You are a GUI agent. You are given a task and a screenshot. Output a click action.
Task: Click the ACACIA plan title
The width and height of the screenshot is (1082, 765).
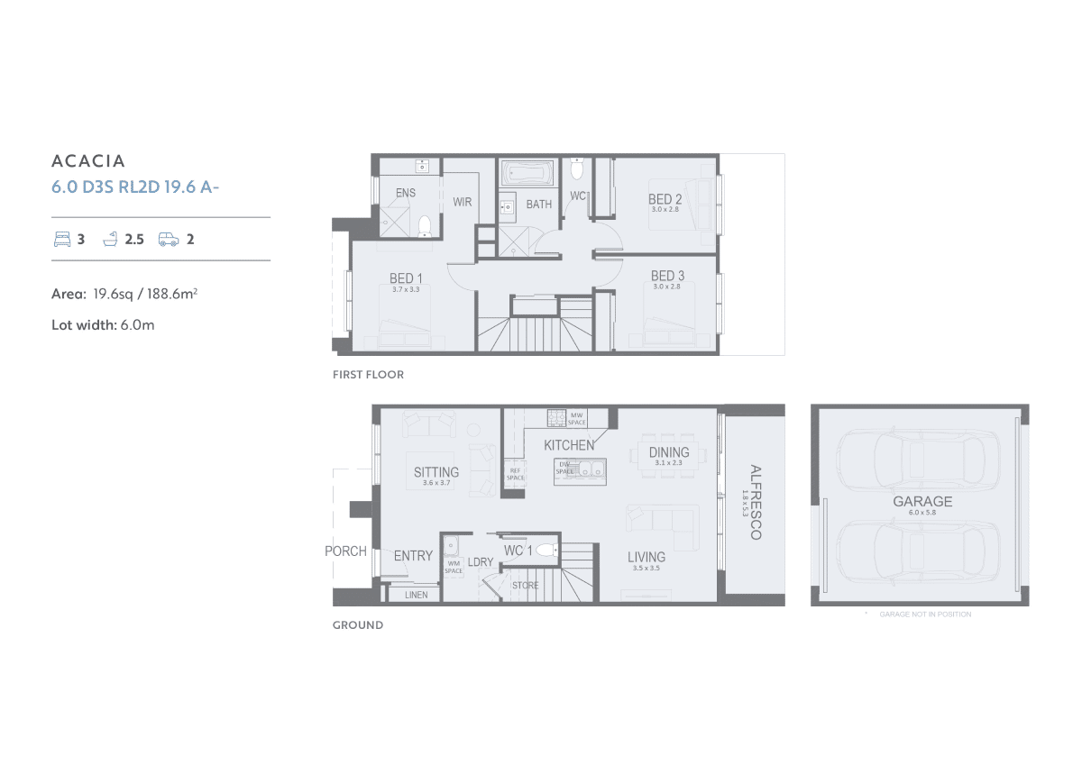(88, 161)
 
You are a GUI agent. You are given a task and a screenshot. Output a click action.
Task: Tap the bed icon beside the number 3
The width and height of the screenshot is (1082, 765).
(61, 239)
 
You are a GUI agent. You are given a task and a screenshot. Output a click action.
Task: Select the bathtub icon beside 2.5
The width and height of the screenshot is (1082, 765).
(111, 239)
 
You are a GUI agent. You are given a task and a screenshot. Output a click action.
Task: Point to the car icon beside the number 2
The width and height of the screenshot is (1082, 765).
(168, 239)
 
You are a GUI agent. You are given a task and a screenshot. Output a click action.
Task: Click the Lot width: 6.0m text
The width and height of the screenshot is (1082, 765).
(103, 324)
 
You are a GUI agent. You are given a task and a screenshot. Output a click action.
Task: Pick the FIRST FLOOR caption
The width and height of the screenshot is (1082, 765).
(368, 374)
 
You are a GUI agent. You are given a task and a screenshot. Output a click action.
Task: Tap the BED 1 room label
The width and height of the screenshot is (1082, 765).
(401, 278)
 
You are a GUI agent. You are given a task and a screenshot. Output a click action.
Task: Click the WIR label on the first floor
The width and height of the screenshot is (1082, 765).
(463, 202)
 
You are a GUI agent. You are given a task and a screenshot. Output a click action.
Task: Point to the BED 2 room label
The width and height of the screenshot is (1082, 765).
(665, 199)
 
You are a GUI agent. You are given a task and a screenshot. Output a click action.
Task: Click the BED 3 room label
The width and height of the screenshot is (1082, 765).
(667, 276)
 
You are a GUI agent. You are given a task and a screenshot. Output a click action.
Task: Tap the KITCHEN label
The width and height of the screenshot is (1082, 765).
(569, 445)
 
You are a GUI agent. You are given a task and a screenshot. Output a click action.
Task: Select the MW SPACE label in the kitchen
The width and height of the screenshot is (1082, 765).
(576, 418)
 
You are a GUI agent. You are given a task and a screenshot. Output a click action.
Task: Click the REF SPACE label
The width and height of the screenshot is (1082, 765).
(515, 474)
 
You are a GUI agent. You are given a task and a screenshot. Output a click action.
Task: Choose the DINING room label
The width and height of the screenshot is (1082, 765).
(669, 452)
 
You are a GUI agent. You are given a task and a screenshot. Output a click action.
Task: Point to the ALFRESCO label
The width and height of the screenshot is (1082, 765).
(756, 502)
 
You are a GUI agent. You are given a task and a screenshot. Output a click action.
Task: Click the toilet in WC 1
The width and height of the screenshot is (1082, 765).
(546, 550)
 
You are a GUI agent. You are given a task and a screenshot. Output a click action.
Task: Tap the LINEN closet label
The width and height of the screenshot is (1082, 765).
(416, 595)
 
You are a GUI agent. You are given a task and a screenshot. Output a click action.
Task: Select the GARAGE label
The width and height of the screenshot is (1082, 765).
(922, 502)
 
